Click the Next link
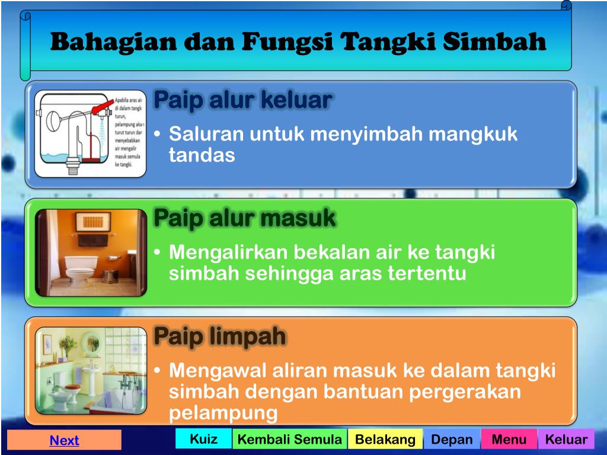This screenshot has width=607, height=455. click(x=64, y=440)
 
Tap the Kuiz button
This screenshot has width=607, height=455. click(x=203, y=439)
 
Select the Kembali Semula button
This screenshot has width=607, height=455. click(x=289, y=440)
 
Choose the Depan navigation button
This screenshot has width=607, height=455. click(x=452, y=440)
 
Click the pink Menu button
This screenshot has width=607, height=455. click(x=509, y=440)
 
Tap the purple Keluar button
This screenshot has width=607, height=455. click(x=566, y=440)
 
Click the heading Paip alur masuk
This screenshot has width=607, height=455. click(x=244, y=219)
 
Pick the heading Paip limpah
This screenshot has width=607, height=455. click(x=220, y=337)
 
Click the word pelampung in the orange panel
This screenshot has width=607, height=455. click(x=223, y=413)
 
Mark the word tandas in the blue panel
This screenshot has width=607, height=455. click(x=202, y=155)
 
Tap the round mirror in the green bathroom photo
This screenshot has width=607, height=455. click(x=91, y=342)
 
